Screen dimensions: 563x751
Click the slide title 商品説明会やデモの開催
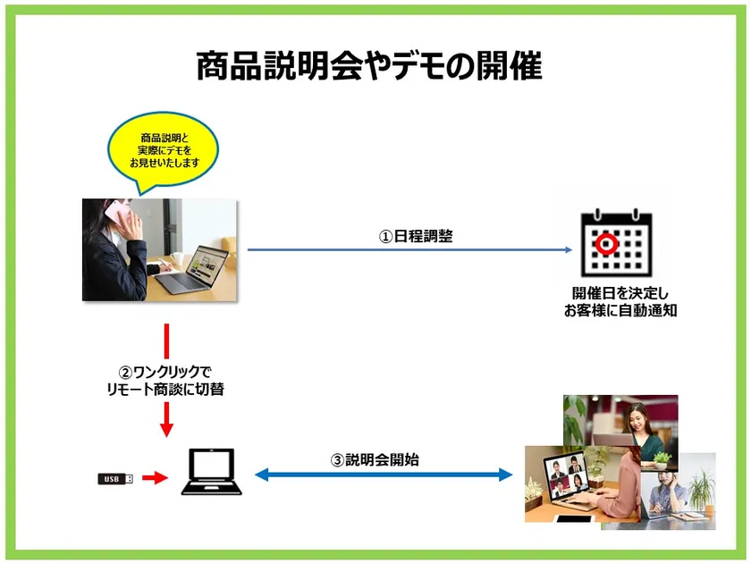(368, 67)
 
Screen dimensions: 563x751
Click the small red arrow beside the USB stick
(155, 479)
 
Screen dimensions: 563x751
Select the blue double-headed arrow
(384, 475)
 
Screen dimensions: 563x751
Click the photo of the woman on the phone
(160, 249)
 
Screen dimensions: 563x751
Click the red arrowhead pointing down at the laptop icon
(166, 428)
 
